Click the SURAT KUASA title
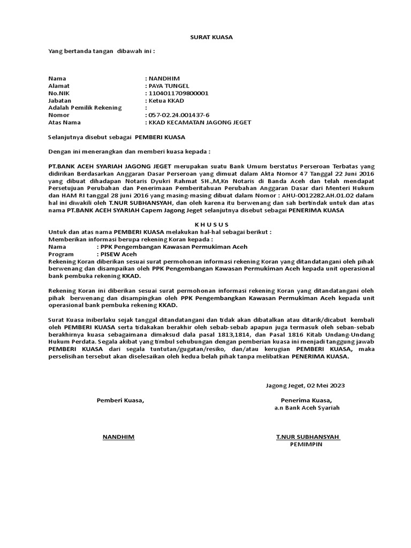tap(205, 37)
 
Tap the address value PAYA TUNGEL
tap(169, 86)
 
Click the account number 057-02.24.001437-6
tap(179, 115)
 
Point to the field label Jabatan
tap(59, 100)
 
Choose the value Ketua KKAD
tap(165, 101)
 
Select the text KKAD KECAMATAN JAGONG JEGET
tap(200, 123)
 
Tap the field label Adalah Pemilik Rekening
tap(85, 108)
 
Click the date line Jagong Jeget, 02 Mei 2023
tap(306, 385)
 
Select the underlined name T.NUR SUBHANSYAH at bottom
tap(308, 437)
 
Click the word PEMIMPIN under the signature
tap(307, 444)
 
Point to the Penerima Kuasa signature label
tap(306, 400)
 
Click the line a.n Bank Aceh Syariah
tap(307, 408)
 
